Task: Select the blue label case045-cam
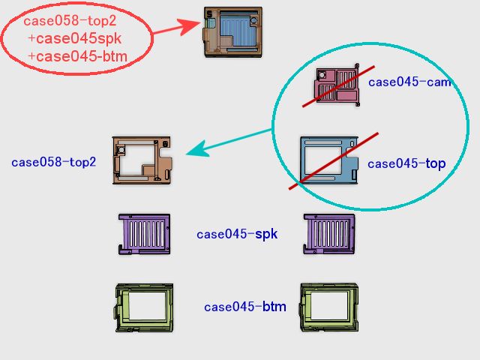[409, 82]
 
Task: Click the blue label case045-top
[406, 163]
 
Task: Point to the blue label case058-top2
[53, 162]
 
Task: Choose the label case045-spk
[237, 234]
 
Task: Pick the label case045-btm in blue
[245, 307]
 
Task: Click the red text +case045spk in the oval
[75, 38]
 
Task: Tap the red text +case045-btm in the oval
[77, 56]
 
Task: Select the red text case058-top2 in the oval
[70, 21]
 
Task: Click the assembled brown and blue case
[232, 31]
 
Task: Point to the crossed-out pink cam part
[337, 85]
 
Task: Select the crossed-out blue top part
[329, 160]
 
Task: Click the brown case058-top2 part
[142, 160]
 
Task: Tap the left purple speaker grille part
[144, 234]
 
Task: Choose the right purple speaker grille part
[329, 234]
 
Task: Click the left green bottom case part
[144, 307]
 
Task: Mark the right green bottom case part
[329, 307]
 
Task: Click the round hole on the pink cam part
[322, 75]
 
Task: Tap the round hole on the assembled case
[253, 21]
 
